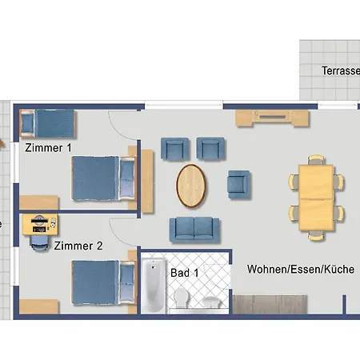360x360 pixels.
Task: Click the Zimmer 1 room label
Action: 48,148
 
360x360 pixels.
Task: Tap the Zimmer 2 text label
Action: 78,246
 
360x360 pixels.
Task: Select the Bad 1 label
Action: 184,273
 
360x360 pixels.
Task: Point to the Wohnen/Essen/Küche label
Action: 300,270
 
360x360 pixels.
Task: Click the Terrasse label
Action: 340,70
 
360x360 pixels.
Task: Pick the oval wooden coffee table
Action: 190,185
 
